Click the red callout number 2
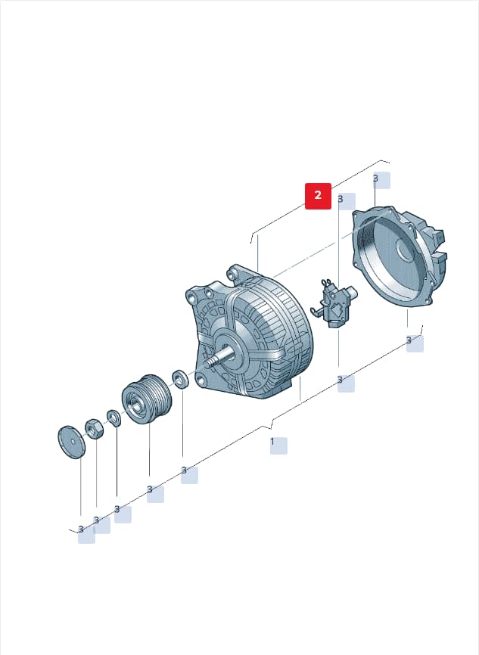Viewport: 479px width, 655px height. [x=318, y=195]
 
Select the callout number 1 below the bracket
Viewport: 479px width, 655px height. [x=272, y=442]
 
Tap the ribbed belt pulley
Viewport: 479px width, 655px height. [x=147, y=399]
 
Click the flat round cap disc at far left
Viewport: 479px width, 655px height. [x=71, y=442]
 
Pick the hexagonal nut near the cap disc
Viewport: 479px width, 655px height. [x=94, y=429]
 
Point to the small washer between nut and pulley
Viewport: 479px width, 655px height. [x=114, y=418]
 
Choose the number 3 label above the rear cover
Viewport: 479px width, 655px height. [x=375, y=178]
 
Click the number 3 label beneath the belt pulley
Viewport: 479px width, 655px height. [x=150, y=489]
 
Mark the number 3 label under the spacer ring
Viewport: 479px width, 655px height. [x=184, y=470]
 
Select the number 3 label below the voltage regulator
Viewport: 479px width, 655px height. [x=340, y=380]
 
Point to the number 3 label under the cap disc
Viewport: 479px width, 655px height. [x=81, y=529]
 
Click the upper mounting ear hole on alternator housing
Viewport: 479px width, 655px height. [x=231, y=274]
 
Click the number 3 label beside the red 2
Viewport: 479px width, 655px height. [x=341, y=199]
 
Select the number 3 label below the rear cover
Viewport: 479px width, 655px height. [x=409, y=340]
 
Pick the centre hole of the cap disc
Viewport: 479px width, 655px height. [x=73, y=441]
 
